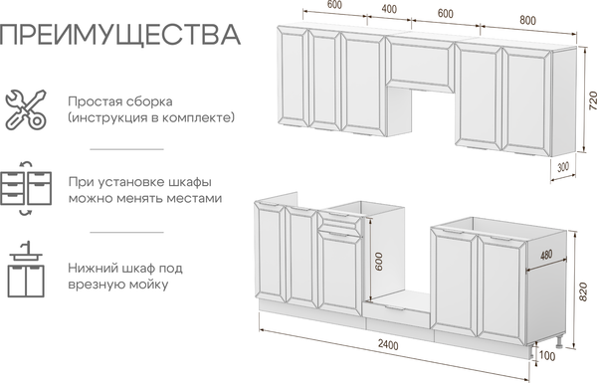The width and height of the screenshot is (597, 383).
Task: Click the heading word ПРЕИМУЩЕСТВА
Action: click(120, 36)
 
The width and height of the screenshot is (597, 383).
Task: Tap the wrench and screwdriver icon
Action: click(26, 109)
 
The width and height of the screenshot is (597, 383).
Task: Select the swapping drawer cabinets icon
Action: click(26, 188)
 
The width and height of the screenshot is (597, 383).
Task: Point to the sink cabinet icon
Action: click(26, 269)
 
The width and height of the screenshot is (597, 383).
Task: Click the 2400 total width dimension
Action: click(388, 344)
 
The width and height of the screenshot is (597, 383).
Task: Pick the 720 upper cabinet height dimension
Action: click(592, 100)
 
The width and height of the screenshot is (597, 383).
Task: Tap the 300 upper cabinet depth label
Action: click(563, 167)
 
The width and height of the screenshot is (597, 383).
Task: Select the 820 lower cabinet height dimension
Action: click(583, 291)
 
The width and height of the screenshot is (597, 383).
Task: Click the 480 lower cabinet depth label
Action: click(546, 255)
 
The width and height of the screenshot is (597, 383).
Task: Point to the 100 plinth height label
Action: click(547, 356)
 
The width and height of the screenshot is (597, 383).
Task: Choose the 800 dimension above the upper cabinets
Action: click(527, 20)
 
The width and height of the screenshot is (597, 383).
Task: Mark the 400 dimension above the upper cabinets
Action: click(389, 8)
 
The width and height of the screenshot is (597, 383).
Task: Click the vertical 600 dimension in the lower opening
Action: click(378, 262)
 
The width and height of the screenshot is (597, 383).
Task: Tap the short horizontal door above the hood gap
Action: click(420, 65)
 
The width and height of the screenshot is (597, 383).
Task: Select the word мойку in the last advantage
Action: click(148, 285)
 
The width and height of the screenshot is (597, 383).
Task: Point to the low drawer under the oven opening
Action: click(396, 314)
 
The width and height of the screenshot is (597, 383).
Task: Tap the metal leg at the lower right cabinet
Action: click(559, 342)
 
